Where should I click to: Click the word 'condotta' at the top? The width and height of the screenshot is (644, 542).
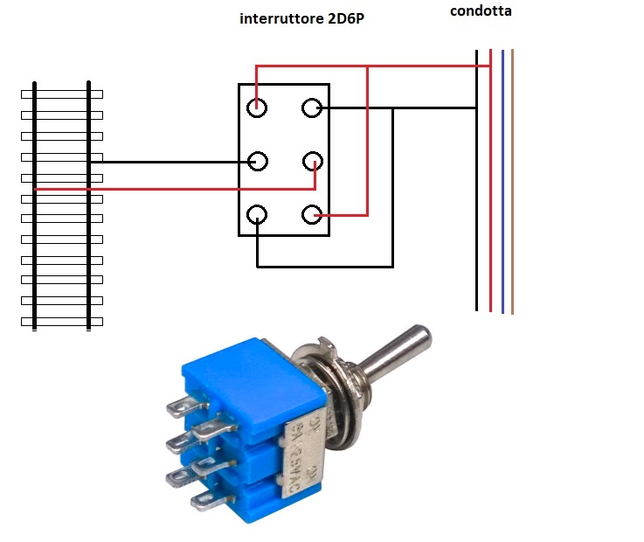[481, 11]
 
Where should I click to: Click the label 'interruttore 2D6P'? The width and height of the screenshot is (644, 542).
[301, 17]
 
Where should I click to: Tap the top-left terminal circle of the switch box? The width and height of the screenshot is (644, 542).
[257, 108]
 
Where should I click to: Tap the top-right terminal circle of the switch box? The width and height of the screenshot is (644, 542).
[313, 108]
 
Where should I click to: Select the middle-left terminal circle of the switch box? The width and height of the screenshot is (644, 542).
[257, 162]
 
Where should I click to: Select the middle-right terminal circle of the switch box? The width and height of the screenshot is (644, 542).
[313, 162]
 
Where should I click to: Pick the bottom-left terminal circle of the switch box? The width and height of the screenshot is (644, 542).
[257, 215]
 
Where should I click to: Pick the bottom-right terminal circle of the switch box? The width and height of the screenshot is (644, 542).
[313, 215]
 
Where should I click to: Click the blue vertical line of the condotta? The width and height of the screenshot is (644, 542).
[502, 219]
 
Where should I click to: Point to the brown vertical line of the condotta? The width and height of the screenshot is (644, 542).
[512, 219]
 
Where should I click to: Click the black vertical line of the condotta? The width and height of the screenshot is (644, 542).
[477, 219]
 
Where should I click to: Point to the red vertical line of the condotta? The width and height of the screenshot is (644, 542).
[491, 219]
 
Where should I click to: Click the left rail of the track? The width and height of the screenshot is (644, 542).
[34, 254]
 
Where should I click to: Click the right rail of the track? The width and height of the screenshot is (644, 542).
[89, 254]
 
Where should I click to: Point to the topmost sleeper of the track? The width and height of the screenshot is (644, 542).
[61, 94]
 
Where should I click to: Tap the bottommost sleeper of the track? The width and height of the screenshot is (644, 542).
[61, 322]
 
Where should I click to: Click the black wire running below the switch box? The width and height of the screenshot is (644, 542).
[323, 266]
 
